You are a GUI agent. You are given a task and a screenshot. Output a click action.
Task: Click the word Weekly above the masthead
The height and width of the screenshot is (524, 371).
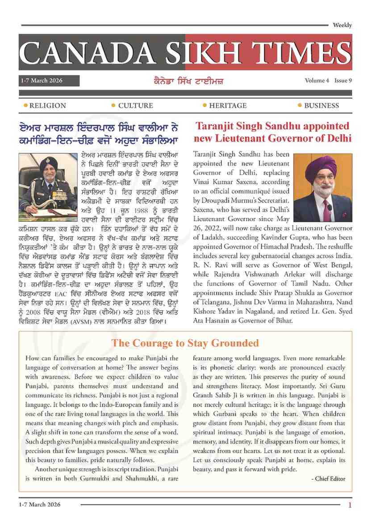coord(342,25)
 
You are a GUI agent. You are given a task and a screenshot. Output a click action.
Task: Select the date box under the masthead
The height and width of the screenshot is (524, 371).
coord(49,81)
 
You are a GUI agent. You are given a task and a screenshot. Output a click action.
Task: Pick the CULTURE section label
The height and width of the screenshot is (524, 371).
coord(135,106)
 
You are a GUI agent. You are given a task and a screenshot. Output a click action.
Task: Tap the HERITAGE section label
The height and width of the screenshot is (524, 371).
coord(228,106)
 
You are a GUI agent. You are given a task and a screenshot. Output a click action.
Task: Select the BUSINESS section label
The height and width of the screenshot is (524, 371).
coord(321,106)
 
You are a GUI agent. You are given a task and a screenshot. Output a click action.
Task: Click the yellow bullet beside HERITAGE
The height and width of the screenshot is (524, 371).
coord(204,105)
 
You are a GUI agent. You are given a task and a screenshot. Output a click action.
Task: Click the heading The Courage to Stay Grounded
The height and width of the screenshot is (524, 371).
coord(185,343)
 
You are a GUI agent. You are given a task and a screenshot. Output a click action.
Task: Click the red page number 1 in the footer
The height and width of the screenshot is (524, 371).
coord(350,505)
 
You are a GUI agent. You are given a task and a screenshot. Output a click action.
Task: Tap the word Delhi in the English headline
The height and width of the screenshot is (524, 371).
coord(337,138)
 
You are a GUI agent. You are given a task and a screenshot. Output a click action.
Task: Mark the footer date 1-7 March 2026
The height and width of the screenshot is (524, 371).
coord(40,504)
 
